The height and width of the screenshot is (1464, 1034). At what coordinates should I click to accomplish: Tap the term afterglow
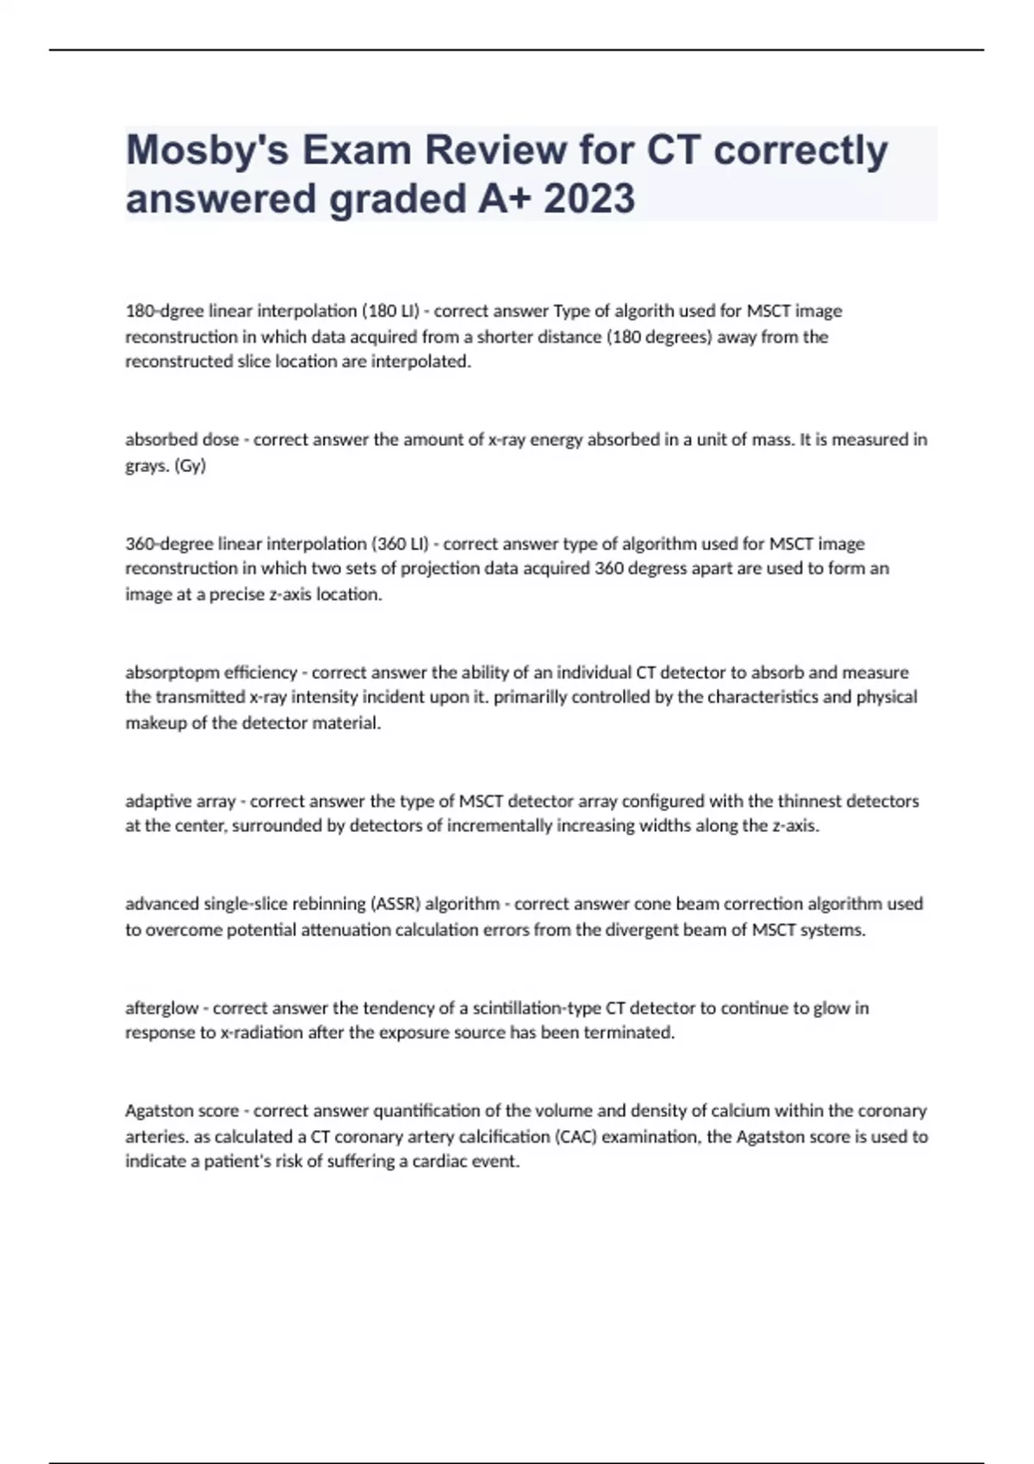pos(161,1008)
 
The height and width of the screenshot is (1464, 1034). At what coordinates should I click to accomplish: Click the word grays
pos(146,466)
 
